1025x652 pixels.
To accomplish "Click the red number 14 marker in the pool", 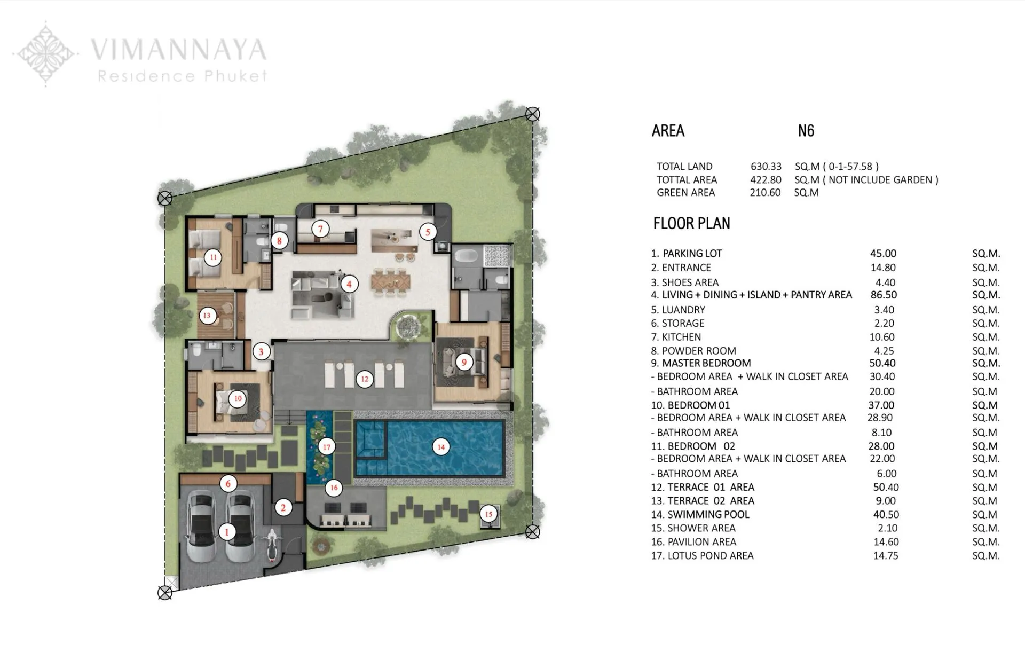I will [441, 447].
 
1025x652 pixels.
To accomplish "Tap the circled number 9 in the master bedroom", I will [464, 363].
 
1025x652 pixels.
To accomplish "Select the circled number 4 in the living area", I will [349, 284].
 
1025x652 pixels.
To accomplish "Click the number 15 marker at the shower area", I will [488, 514].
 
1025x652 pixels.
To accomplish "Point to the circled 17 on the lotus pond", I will [327, 447].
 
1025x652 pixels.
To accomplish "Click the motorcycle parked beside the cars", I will [272, 545].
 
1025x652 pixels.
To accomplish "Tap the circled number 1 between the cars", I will [227, 532].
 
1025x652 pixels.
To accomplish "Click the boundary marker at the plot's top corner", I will [532, 114].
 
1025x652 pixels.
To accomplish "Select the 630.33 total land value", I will [766, 167].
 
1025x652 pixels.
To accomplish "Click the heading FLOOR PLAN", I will [691, 223].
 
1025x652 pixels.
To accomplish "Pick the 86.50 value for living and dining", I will [883, 295].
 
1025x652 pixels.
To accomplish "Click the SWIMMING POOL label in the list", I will [708, 514].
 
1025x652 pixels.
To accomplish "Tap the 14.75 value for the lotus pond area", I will [885, 555].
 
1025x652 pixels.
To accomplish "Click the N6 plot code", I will [806, 131].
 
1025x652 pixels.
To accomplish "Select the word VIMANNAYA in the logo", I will [178, 50].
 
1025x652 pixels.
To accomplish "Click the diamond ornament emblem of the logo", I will [46, 53].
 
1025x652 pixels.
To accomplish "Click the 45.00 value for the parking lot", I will [883, 254].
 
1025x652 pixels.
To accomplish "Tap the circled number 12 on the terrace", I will [365, 379].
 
